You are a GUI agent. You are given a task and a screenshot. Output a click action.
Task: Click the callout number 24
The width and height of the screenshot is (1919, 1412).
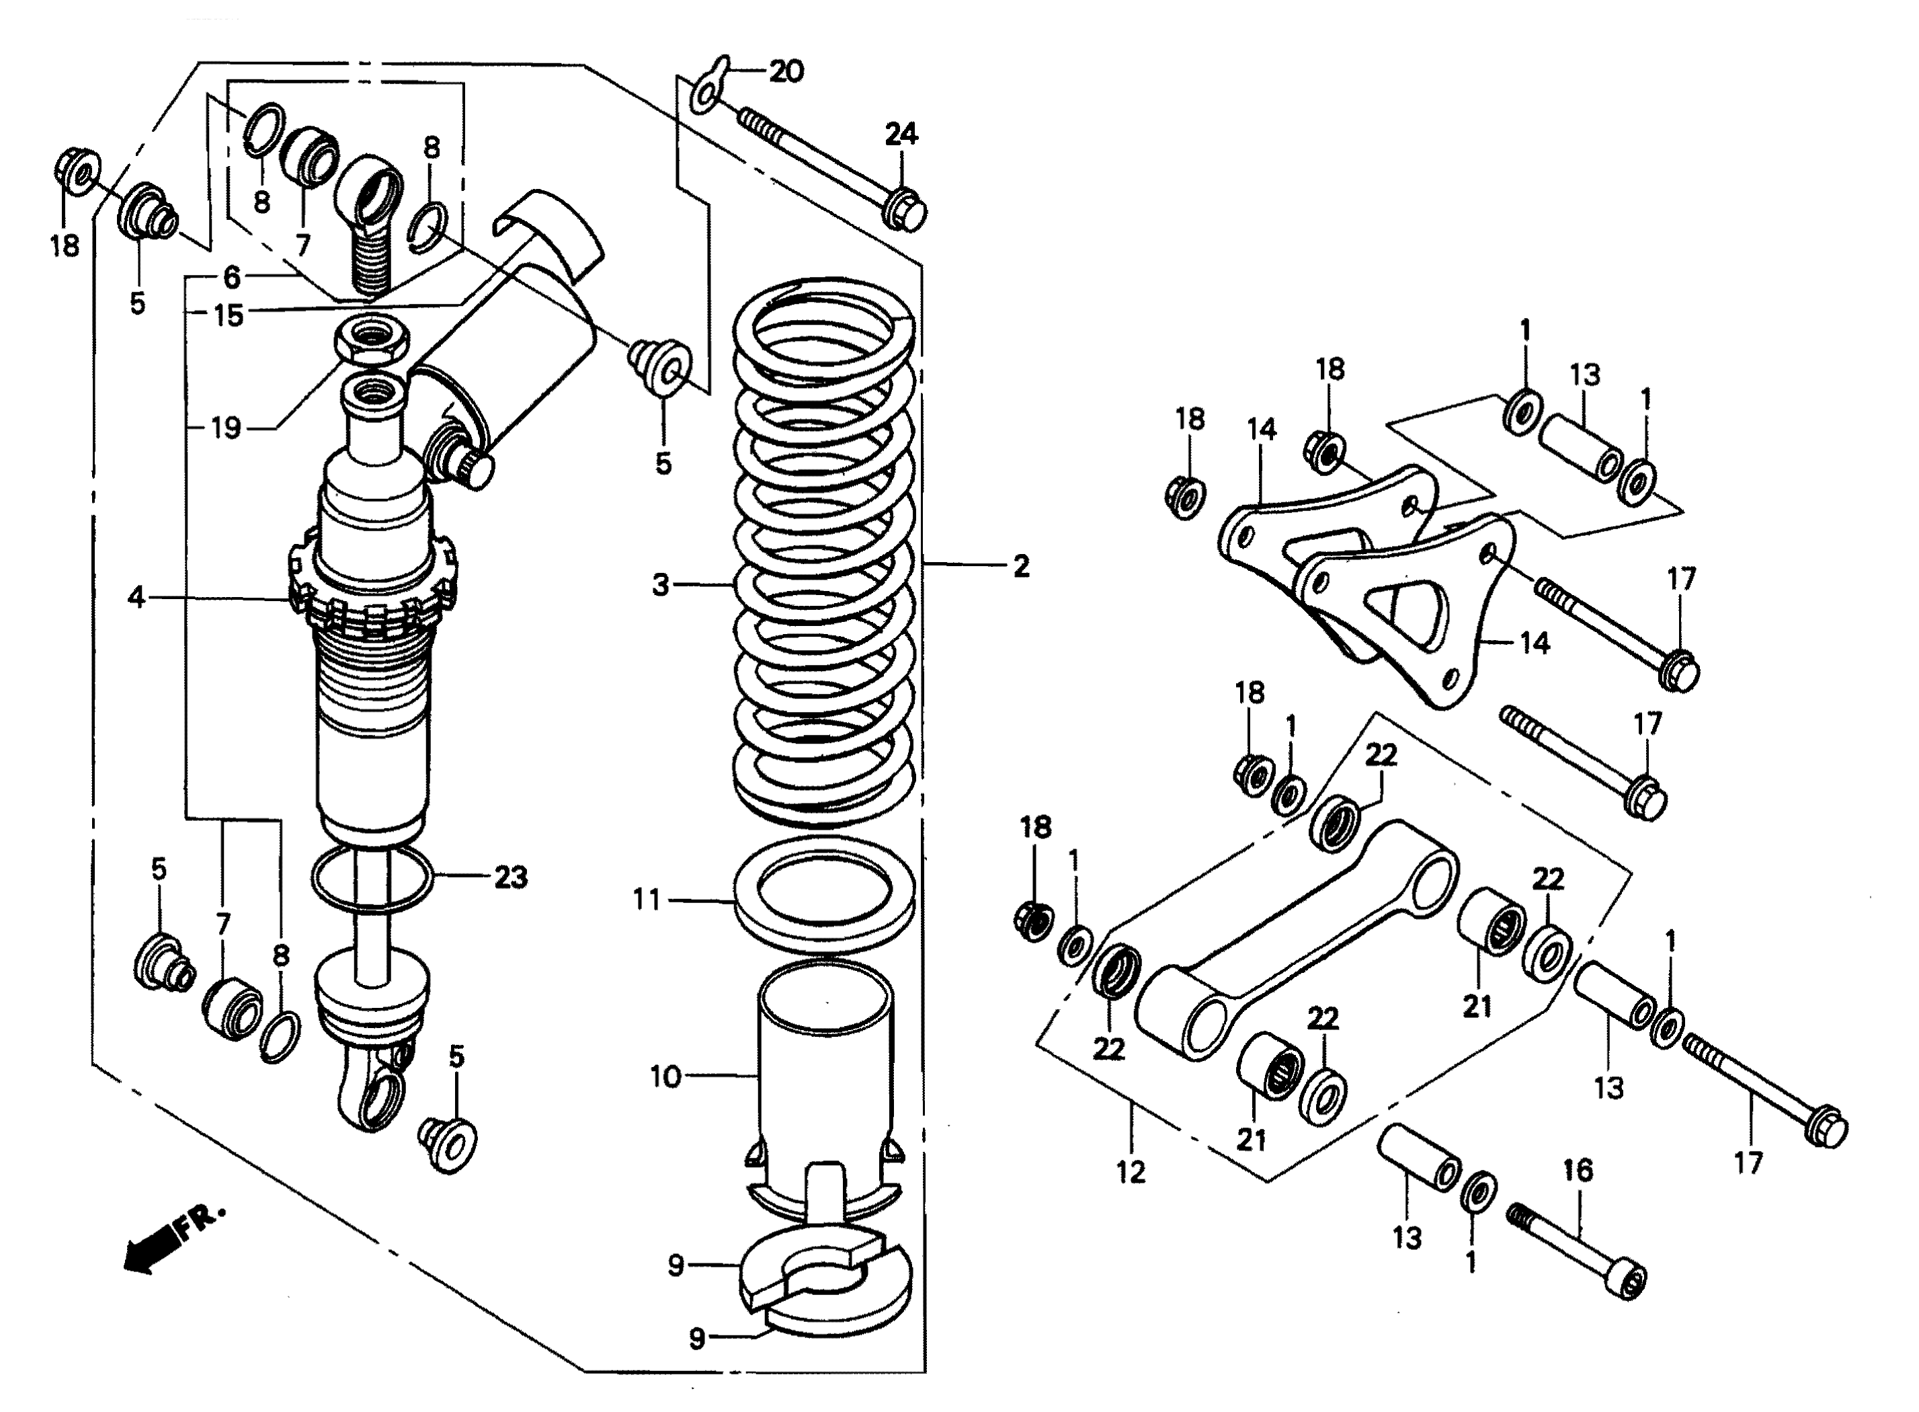click(901, 134)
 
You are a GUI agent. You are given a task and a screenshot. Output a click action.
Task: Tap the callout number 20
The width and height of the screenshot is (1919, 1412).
click(786, 71)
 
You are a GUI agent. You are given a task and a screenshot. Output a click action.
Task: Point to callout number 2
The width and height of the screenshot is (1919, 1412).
click(1021, 566)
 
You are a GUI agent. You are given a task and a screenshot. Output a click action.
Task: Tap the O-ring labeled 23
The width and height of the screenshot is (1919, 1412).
click(372, 879)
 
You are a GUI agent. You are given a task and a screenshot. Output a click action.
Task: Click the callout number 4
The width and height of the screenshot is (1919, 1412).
click(136, 596)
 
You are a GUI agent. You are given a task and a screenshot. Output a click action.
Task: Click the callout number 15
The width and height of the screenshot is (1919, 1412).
click(228, 315)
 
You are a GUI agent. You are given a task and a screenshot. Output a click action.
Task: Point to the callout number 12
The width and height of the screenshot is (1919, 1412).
click(1131, 1173)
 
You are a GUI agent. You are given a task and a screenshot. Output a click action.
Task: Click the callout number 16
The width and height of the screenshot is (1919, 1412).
click(1578, 1170)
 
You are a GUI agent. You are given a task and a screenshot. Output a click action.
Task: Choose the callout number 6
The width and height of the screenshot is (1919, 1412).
click(231, 277)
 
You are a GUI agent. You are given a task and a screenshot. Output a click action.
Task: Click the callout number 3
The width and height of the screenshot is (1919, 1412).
click(661, 586)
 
